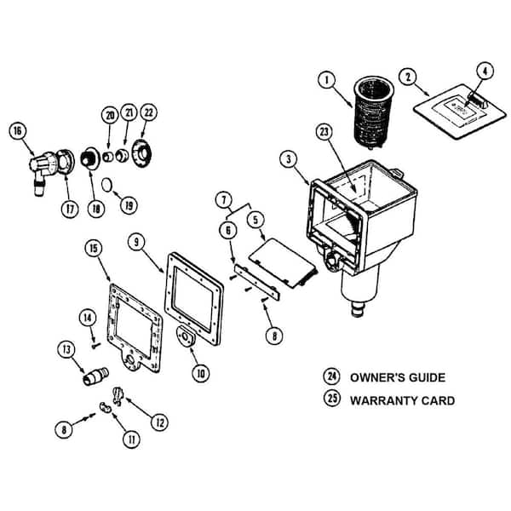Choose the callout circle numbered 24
click(x=330, y=377)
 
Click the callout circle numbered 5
click(x=255, y=221)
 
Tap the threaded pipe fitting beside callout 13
click(x=95, y=375)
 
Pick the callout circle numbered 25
click(x=330, y=400)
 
